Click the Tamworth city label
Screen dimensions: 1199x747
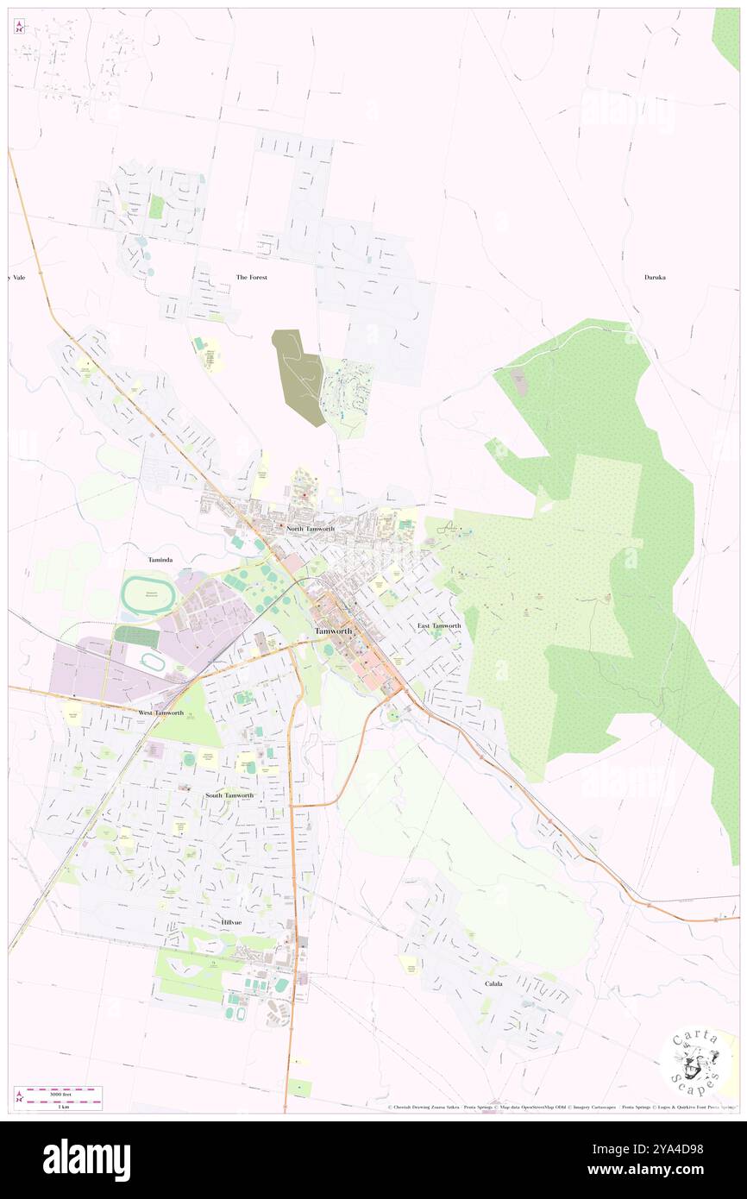point(333,631)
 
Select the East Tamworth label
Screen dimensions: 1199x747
point(439,625)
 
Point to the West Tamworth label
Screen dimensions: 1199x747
point(161,712)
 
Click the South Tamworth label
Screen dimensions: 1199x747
point(229,794)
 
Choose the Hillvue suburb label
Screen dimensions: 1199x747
point(231,922)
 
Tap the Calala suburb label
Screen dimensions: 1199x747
point(493,982)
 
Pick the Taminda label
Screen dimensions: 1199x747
point(161,560)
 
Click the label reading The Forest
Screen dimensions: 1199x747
point(252,277)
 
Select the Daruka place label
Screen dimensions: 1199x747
point(655,277)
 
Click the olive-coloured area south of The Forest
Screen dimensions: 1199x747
point(298,374)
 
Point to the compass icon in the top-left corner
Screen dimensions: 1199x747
point(19,26)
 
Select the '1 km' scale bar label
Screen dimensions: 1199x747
point(58,1105)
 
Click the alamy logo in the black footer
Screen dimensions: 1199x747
point(86,1160)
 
